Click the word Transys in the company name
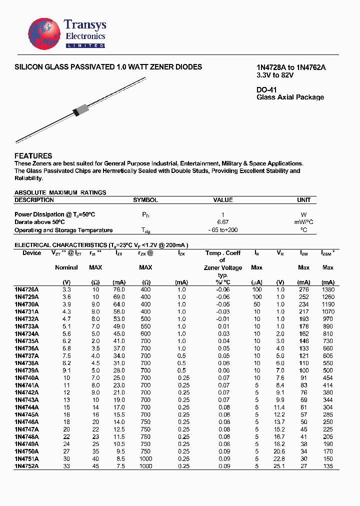pyautogui.click(x=85, y=25)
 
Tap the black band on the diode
pyautogui.click(x=76, y=112)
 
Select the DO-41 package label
pyautogui.click(x=266, y=90)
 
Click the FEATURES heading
pyautogui.click(x=33, y=156)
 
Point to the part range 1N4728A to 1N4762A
pyautogui.click(x=287, y=68)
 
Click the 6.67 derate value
pyautogui.click(x=222, y=222)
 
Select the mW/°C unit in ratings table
pyautogui.click(x=303, y=222)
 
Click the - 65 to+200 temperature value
pyautogui.click(x=222, y=230)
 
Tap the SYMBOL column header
pyautogui.click(x=145, y=200)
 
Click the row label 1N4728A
pyautogui.click(x=26, y=289)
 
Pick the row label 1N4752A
pyautogui.click(x=26, y=466)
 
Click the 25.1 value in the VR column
pyautogui.click(x=280, y=466)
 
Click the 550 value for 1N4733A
pyautogui.click(x=145, y=326)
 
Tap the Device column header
pyautogui.click(x=32, y=253)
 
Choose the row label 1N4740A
pyautogui.click(x=26, y=378)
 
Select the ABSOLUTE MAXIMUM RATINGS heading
pyautogui.click(x=60, y=192)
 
